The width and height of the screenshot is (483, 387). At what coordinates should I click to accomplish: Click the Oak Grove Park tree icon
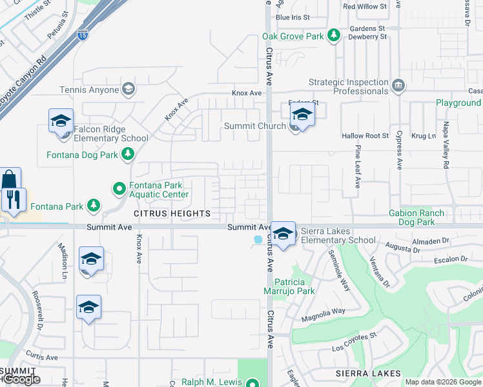(x=334, y=36)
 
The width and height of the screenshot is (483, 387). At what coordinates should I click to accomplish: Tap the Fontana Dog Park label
(x=82, y=155)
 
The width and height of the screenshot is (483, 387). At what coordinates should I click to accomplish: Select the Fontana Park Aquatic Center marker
(x=119, y=189)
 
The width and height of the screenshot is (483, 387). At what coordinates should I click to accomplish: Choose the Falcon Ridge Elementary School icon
(x=61, y=120)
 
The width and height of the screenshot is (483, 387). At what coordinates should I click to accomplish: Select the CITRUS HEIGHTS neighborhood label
(x=172, y=213)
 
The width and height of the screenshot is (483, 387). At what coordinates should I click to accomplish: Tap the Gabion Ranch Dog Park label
(x=416, y=217)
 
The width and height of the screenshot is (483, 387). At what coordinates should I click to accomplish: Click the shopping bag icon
(x=10, y=179)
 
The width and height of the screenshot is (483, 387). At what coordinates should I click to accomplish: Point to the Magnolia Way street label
(x=324, y=312)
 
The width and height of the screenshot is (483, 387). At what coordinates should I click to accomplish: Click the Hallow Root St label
(x=365, y=136)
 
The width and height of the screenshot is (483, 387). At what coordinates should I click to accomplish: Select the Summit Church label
(x=254, y=126)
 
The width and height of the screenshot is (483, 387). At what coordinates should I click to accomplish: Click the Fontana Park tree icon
(x=94, y=206)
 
